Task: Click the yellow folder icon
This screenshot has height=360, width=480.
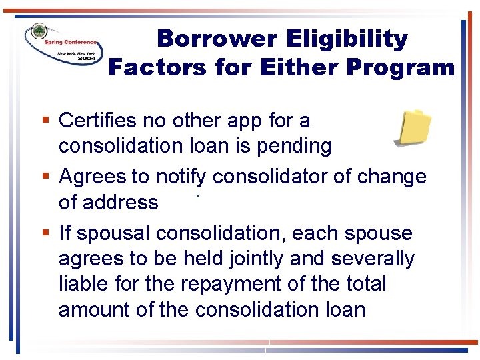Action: [x=413, y=127]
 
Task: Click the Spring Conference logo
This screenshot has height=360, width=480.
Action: [x=63, y=46]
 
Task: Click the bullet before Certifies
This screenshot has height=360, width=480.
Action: [x=44, y=121]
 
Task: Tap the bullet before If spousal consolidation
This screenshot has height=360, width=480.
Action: [x=44, y=233]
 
